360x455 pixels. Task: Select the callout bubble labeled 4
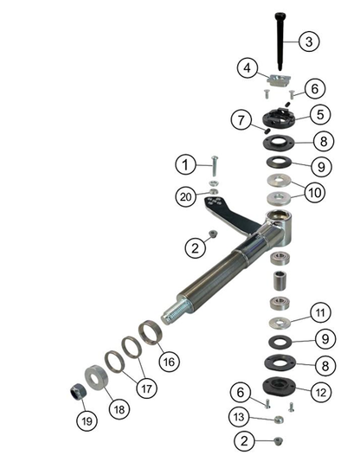247,67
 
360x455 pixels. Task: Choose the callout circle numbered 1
183,163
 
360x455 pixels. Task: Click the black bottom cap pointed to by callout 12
279,390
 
